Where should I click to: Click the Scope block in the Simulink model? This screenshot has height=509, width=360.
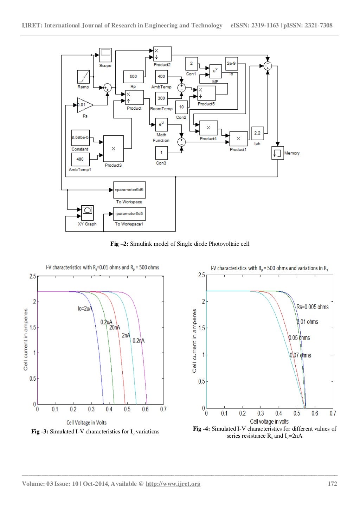point(105,54)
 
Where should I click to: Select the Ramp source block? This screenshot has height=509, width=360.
point(83,77)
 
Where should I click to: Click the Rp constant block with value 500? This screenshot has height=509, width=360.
point(133,77)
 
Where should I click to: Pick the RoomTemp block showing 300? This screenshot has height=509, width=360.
point(161,98)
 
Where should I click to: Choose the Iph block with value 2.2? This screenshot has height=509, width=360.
point(257,134)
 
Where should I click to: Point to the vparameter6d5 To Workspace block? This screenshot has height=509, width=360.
point(129,190)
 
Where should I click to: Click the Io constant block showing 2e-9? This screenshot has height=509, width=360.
point(231,64)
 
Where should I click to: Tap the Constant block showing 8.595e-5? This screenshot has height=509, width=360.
point(80,138)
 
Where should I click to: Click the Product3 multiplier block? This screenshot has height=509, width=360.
point(113,149)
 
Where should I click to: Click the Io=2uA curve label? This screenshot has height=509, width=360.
point(85,309)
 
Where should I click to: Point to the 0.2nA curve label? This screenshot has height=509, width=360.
point(139,341)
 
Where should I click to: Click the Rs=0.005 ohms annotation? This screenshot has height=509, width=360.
point(313,307)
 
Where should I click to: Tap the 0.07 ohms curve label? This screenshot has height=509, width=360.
point(300,355)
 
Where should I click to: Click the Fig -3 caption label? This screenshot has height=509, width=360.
point(40,432)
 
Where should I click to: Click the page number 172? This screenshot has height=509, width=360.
point(332,484)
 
